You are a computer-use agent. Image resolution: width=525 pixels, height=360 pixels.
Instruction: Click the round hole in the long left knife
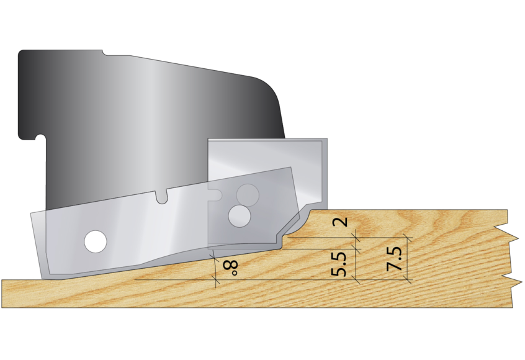pos(96,241)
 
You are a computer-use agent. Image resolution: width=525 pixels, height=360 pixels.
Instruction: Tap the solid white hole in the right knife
pos(239,216)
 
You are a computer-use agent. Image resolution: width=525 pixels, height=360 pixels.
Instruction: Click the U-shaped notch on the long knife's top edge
pos(163,197)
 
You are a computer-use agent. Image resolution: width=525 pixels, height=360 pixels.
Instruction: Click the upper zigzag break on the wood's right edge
pos(513,235)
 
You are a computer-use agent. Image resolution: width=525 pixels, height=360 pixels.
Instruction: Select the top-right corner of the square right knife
pos(325,140)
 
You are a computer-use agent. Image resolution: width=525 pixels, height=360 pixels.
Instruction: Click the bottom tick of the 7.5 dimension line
pos(408,280)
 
